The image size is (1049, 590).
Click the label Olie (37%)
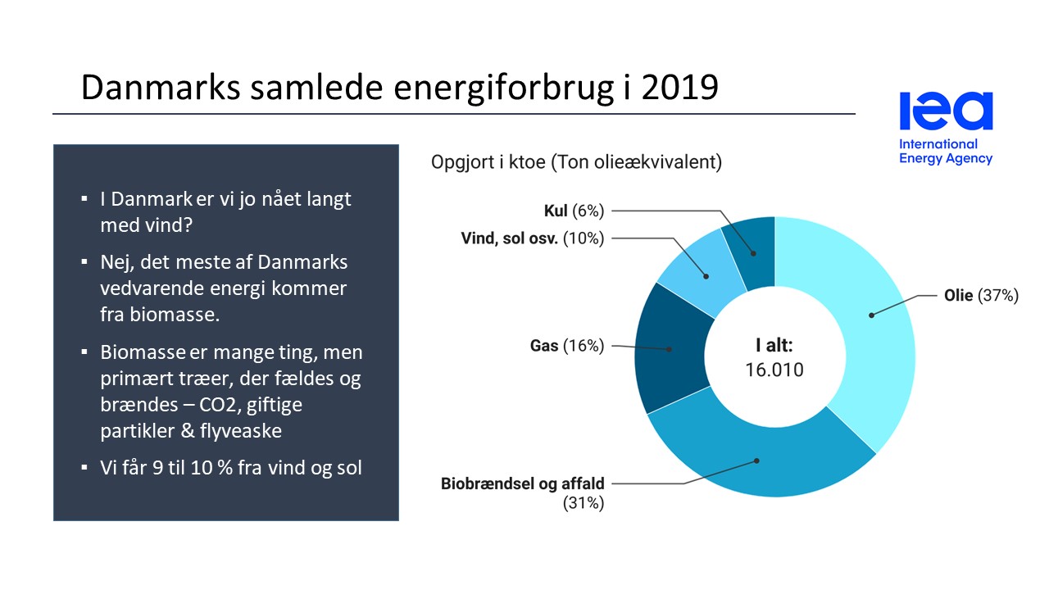click(x=980, y=296)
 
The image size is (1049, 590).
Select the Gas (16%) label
click(x=566, y=346)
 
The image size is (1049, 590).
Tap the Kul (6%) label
click(x=574, y=211)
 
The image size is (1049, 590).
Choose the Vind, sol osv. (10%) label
click(x=532, y=238)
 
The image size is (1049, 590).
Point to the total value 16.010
click(x=774, y=370)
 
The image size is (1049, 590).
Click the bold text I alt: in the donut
click(x=774, y=344)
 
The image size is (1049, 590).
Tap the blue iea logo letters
click(x=946, y=111)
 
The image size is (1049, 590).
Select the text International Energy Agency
click(x=946, y=152)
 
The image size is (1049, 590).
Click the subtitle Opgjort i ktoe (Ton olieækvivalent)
click(x=576, y=162)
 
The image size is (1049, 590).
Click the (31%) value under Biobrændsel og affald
click(x=583, y=504)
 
